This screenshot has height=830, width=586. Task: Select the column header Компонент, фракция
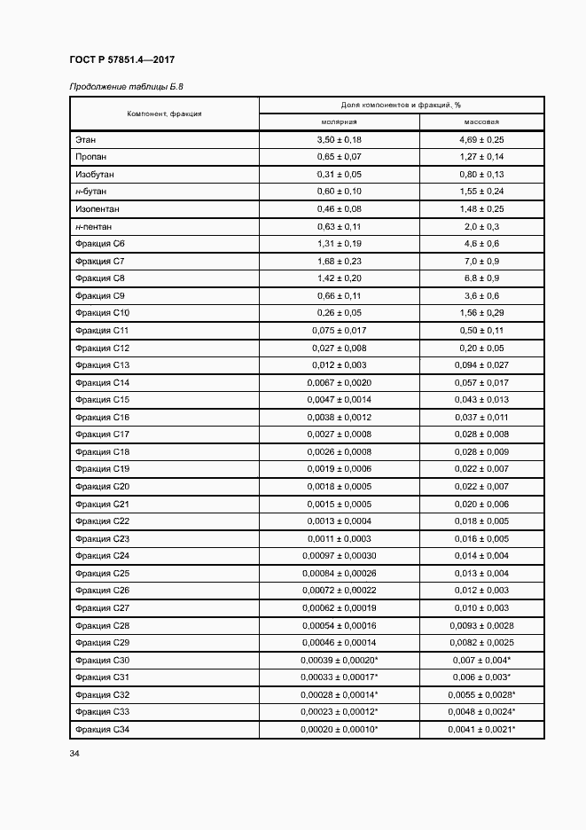[x=164, y=114]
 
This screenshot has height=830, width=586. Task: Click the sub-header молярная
[x=339, y=122]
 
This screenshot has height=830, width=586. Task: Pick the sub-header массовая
[x=481, y=122]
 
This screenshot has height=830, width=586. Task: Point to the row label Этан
[x=86, y=140]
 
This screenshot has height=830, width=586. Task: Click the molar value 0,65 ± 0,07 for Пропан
[x=339, y=157]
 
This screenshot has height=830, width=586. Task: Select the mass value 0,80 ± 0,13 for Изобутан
[x=481, y=175]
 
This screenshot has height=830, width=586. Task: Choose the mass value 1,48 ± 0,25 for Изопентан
[x=481, y=209]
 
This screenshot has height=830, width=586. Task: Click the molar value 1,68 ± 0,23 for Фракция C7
[x=339, y=261]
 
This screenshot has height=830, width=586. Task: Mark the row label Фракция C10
[x=103, y=313]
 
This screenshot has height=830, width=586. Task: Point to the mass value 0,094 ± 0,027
[x=481, y=364]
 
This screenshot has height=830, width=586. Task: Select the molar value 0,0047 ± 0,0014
[x=339, y=399]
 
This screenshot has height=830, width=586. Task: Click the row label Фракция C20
[x=103, y=486]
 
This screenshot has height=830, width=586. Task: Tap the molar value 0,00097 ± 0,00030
[x=339, y=555]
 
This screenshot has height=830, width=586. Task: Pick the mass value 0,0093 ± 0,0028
[x=481, y=625]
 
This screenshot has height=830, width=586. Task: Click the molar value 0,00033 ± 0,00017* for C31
[x=339, y=677]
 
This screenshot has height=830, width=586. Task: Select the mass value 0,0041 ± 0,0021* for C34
[x=481, y=729]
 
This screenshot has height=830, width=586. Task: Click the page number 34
[x=74, y=755]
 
